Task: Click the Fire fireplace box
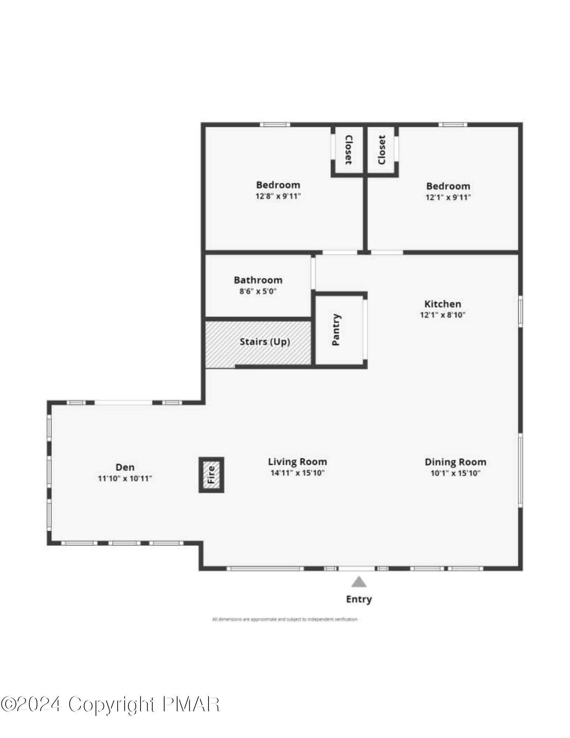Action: tap(211, 475)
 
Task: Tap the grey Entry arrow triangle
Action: tap(359, 582)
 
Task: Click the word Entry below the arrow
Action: tap(359, 599)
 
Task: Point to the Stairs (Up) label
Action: tap(265, 342)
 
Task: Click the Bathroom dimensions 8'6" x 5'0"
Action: tap(258, 291)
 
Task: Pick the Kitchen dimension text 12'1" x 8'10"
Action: tap(442, 315)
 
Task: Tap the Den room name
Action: tap(125, 467)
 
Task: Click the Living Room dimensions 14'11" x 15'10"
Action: tap(297, 473)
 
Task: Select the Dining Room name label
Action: tap(455, 462)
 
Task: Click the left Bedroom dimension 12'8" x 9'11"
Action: tap(278, 196)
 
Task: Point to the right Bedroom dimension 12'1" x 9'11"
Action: tap(448, 197)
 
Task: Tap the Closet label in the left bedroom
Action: tap(348, 149)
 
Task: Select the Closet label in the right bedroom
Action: tap(381, 150)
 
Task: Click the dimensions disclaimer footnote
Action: tap(284, 619)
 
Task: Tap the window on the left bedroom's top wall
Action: tap(274, 125)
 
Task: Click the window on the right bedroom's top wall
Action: tap(453, 125)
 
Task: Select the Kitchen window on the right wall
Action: tap(521, 313)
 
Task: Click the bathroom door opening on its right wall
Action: tap(313, 273)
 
